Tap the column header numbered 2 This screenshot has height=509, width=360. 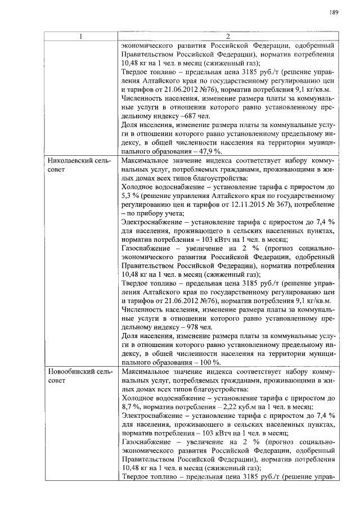[228, 37]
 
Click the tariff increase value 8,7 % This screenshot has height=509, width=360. [130, 408]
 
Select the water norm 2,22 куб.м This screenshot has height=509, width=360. [231, 408]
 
